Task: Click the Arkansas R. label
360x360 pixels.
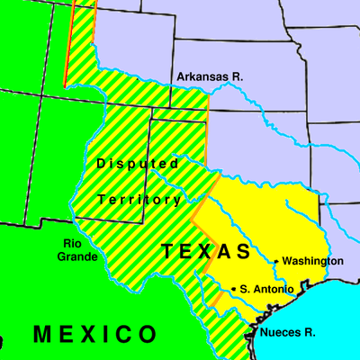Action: pos(210,77)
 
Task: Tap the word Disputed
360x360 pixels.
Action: pos(138,164)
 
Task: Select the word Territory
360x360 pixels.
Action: pos(139,199)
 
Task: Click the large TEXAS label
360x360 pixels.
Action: pos(206,251)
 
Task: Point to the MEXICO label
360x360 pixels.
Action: pos(94,335)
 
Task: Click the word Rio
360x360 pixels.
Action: pos(74,243)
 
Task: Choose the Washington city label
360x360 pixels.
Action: pos(312,261)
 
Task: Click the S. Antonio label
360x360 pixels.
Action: pos(267,289)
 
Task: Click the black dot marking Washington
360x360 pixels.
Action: pos(275,261)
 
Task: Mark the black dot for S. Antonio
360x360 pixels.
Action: pos(235,289)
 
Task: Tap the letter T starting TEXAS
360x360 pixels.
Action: pos(168,251)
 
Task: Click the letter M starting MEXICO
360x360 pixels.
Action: pos(42,335)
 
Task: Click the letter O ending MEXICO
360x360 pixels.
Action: pos(146,335)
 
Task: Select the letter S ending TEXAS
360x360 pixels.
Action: pos(243,251)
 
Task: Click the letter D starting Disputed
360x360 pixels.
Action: pos(101,164)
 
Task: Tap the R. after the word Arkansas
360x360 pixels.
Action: pos(237,77)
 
